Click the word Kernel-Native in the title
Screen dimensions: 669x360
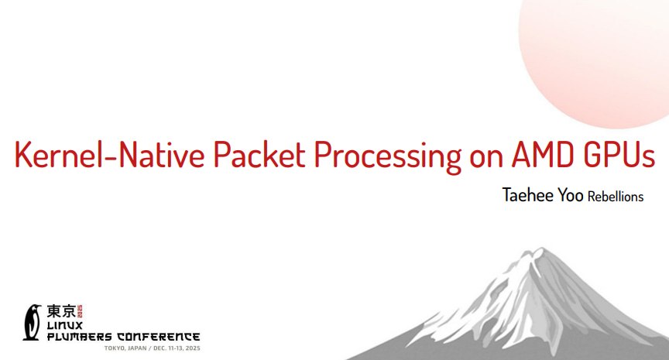(110, 154)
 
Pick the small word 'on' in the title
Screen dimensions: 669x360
(486, 158)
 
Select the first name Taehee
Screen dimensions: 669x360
(527, 195)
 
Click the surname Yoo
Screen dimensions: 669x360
(571, 195)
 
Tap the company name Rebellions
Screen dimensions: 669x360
(616, 196)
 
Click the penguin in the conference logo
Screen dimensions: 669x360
(32, 322)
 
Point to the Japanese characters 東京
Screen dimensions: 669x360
(61, 311)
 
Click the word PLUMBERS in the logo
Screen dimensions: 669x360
(79, 337)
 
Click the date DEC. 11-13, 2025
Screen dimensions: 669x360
(177, 348)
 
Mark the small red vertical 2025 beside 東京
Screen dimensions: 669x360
(79, 311)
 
